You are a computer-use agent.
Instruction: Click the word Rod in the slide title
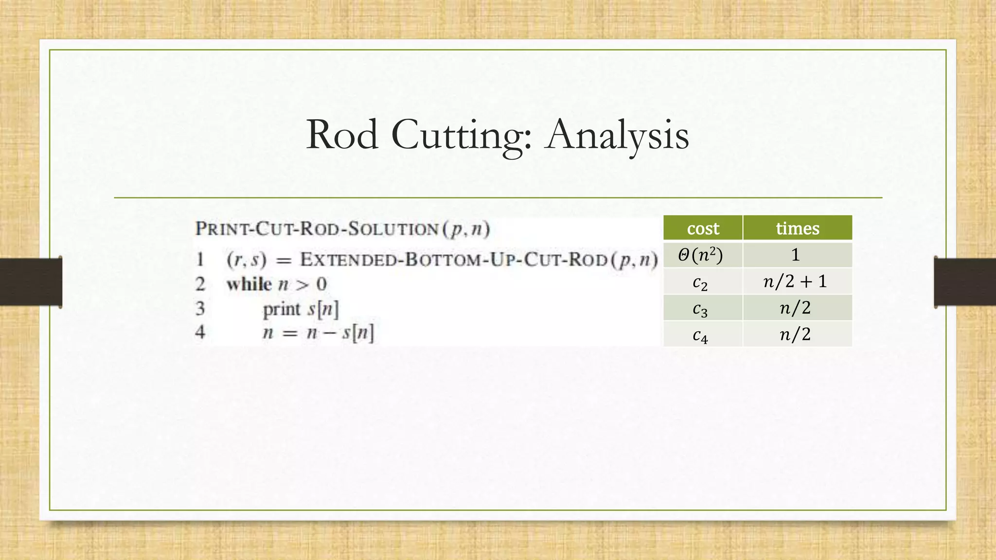(342, 135)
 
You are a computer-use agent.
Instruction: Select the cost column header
(703, 228)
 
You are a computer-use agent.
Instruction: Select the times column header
(797, 228)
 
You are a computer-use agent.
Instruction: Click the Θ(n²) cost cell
(700, 255)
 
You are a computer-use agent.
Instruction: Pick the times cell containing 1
(796, 255)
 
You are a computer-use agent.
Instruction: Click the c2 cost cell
(700, 282)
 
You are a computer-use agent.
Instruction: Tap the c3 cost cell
(700, 309)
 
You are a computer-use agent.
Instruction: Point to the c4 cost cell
(700, 335)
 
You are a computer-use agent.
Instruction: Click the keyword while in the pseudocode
(249, 284)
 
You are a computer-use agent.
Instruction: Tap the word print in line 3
(282, 309)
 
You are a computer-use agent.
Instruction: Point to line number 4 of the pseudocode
(200, 332)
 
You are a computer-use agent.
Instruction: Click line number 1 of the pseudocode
(200, 259)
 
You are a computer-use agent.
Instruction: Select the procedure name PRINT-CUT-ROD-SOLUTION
(317, 228)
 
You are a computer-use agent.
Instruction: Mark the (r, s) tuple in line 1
(247, 260)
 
